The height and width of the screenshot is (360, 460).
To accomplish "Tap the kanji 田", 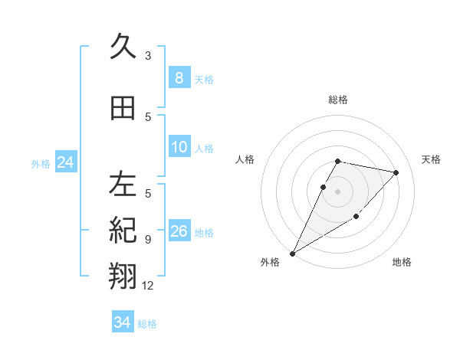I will click(x=123, y=108).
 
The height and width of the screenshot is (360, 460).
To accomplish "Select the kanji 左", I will click(x=123, y=185).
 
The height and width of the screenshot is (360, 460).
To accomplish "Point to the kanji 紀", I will click(x=123, y=230).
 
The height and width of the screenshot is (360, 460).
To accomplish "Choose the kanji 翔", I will click(x=123, y=275).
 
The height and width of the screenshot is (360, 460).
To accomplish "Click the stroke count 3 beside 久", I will click(x=148, y=55).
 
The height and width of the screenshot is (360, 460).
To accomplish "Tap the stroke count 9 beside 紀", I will click(x=148, y=239).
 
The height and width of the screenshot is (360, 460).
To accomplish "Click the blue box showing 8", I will click(x=179, y=77).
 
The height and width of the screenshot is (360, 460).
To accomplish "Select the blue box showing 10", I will click(x=179, y=147).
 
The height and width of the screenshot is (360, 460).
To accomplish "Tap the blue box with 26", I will click(x=179, y=231).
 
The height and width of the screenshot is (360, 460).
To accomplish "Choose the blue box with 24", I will click(x=65, y=162).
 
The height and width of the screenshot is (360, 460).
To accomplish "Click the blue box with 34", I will click(x=122, y=322).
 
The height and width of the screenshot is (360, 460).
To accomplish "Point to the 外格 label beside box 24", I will click(x=41, y=163).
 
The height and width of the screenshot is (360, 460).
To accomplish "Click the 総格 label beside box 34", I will click(x=147, y=324).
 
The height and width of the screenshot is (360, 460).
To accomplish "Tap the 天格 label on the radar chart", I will click(x=432, y=159).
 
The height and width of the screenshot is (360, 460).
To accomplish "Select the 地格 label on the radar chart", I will click(x=402, y=262).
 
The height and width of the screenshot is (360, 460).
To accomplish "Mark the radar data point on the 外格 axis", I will click(x=292, y=254).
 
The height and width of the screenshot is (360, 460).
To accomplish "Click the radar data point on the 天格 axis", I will click(x=396, y=172).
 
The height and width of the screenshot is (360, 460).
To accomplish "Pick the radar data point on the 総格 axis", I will click(x=337, y=161).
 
